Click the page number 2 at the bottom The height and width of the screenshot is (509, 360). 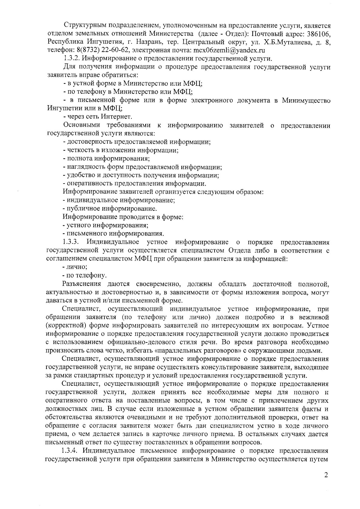[x=326, y=484]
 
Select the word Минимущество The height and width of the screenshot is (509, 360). [x=306, y=100]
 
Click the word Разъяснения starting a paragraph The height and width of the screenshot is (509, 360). [x=80, y=284]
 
